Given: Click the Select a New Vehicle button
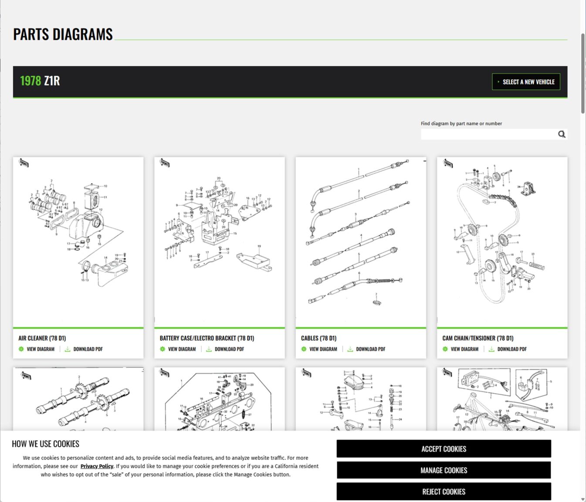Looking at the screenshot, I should [526, 82].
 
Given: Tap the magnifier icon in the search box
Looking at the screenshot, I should [562, 134].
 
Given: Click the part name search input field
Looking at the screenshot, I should [488, 134].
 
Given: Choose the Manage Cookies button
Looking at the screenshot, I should [444, 470].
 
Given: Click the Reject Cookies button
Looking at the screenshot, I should [444, 492].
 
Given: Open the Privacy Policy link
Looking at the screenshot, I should [97, 466].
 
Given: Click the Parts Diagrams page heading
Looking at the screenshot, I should [63, 34].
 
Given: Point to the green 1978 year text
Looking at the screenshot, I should [30, 81].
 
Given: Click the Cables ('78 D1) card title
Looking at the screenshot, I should [318, 338].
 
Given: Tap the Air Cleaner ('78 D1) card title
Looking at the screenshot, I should [42, 338].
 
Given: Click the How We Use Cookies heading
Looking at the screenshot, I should [45, 444].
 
